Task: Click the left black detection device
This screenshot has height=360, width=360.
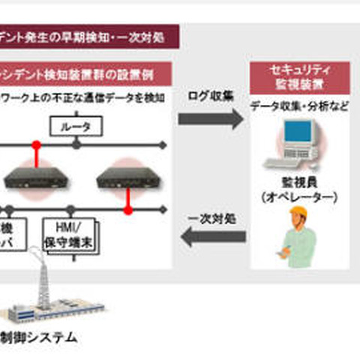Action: pos(33,177)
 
